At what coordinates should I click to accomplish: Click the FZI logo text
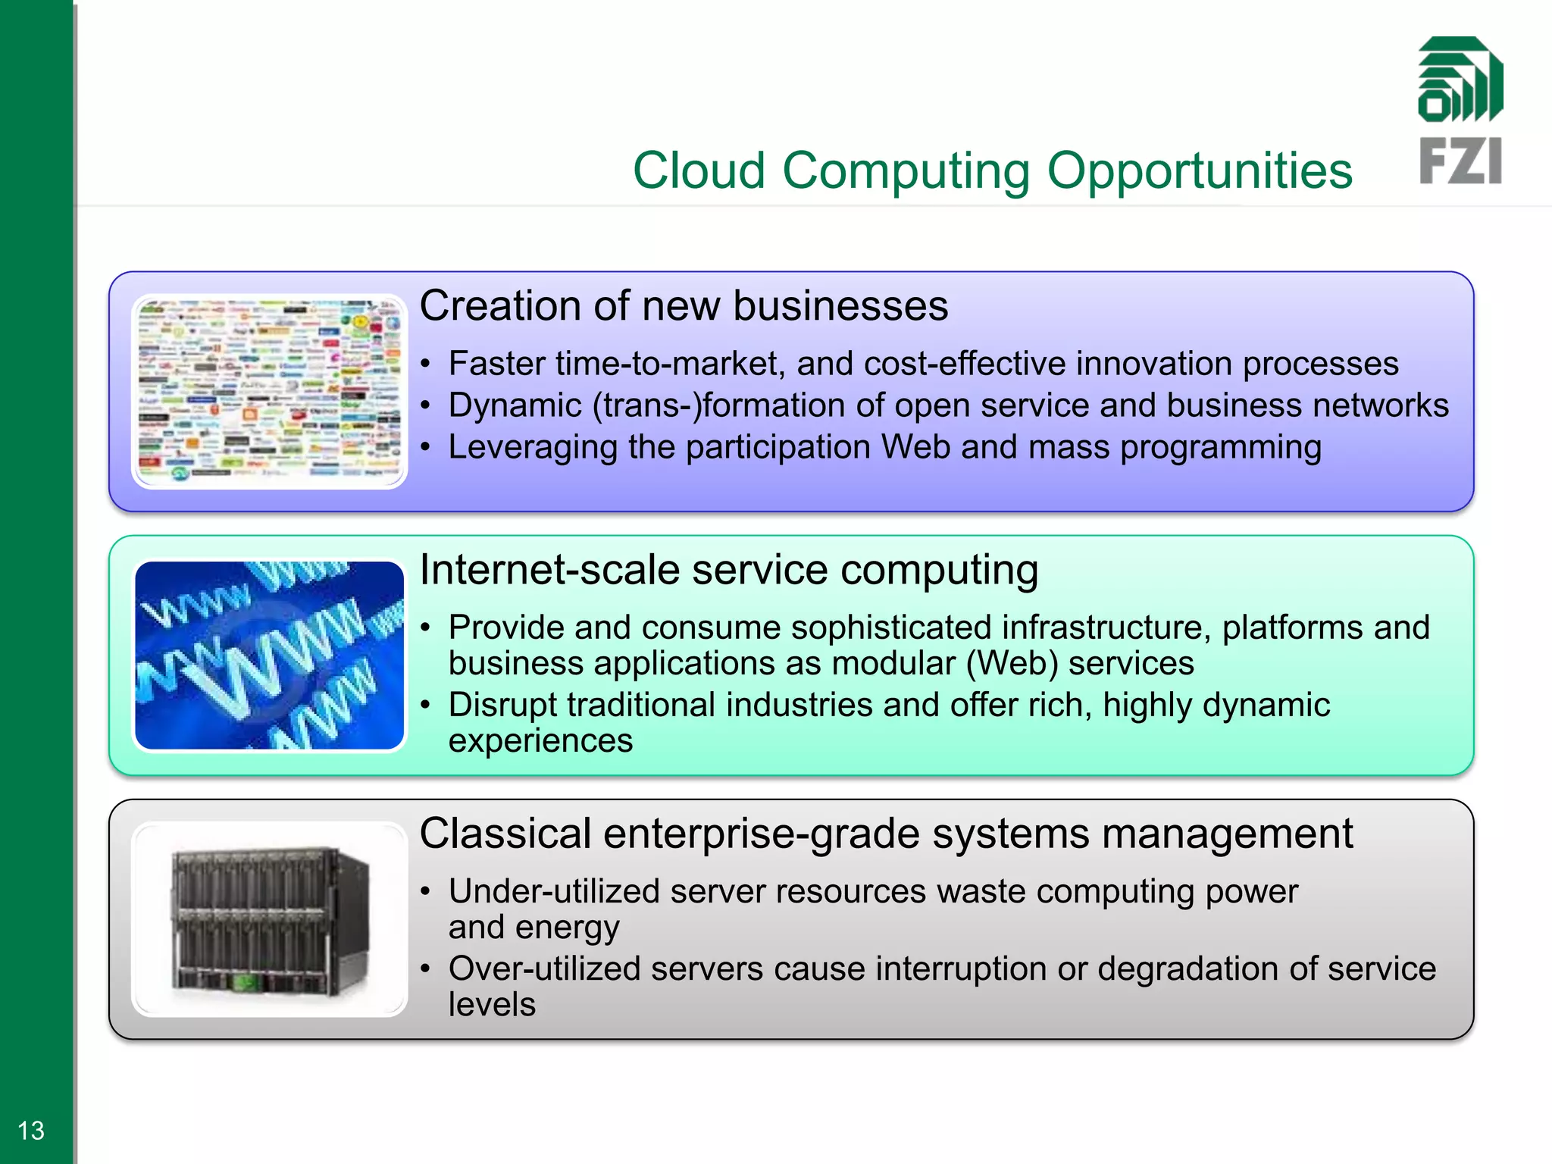pos(1460,161)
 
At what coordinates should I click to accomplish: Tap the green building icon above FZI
pos(1460,80)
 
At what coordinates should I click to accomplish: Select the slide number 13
pos(31,1131)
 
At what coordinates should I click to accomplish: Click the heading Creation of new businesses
pos(684,306)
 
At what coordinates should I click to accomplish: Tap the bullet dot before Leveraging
pos(426,447)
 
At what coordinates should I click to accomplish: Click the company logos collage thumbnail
pos(270,391)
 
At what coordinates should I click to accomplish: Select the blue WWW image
pos(270,655)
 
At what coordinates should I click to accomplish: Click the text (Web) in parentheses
pos(1011,664)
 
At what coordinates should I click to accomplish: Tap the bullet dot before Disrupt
pos(426,706)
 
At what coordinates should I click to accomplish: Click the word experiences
pos(540,741)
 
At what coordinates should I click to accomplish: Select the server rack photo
pos(270,918)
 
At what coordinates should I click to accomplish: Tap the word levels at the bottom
pos(492,1005)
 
